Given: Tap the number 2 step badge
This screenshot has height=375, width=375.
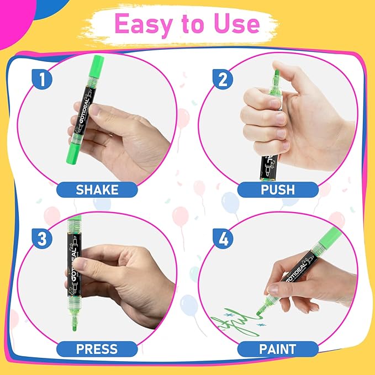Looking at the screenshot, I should point(223,81).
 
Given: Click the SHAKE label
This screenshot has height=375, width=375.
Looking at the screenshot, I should point(97,189).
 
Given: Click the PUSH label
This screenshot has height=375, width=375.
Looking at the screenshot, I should point(278,189).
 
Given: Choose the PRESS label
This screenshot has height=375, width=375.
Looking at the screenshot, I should point(97,349).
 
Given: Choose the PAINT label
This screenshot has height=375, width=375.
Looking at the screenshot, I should point(278,349).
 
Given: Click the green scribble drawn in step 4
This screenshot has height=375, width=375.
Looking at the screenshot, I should point(232,323).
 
